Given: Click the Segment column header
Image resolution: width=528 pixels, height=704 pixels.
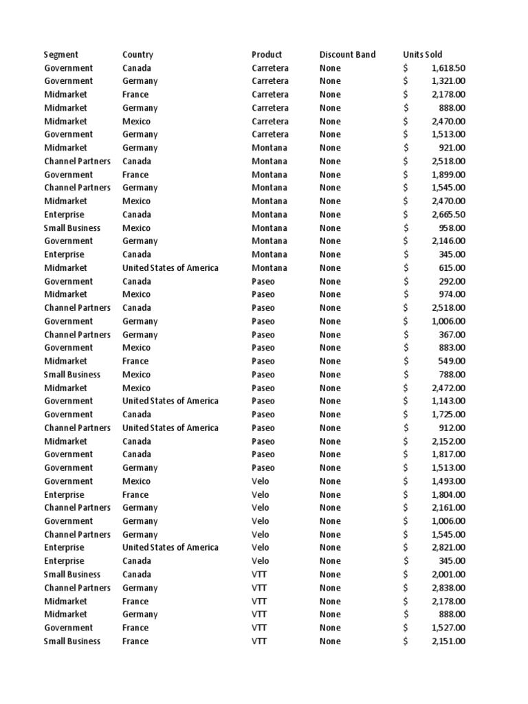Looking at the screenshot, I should click(61, 54).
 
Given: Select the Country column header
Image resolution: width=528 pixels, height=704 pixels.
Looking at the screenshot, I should click(137, 54).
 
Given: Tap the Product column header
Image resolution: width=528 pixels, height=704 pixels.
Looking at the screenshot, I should click(267, 54).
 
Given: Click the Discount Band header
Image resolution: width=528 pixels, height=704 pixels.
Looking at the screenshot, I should click(347, 54).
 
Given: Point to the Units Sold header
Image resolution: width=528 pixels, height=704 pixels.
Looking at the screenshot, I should click(423, 54).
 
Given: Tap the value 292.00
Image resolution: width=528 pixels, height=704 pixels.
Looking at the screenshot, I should click(452, 281).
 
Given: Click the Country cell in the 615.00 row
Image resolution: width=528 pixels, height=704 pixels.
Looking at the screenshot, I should click(170, 267).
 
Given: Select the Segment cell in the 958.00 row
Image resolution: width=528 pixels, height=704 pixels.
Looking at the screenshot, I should click(72, 228).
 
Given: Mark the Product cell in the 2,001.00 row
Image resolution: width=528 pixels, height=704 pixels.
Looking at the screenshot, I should click(259, 574).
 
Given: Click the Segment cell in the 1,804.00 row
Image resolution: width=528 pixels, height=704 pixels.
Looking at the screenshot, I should click(64, 494).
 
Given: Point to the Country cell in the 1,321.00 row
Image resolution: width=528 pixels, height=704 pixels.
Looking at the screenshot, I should click(140, 81).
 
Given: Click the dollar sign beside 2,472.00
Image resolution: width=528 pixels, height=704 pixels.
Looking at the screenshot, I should click(406, 388).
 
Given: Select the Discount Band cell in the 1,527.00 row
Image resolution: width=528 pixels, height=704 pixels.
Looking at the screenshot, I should click(330, 628).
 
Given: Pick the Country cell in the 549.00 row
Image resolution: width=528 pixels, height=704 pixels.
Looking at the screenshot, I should click(135, 361).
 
